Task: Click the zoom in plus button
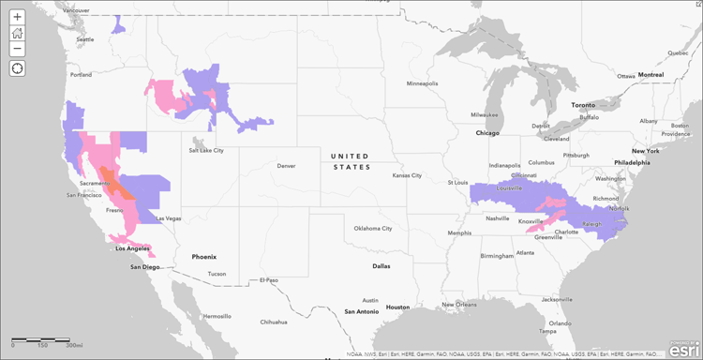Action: tap(17, 17)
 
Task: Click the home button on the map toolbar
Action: tap(17, 33)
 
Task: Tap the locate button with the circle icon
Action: tap(17, 67)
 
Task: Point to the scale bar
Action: tap(43, 338)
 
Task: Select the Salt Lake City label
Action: tap(206, 149)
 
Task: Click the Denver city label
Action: tap(286, 166)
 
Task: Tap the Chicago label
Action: tap(487, 133)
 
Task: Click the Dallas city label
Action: tap(381, 265)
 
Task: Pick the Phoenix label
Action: tap(203, 256)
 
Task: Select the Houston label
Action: tap(397, 307)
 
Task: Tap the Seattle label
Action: tap(85, 39)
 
